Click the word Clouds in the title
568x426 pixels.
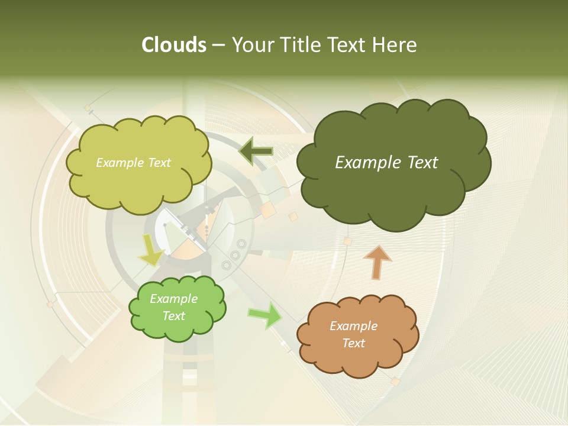tap(173, 45)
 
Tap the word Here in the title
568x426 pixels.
tap(395, 45)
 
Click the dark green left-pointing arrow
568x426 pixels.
tap(256, 151)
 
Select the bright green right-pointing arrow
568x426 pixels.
tap(266, 315)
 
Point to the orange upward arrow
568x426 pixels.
tap(377, 262)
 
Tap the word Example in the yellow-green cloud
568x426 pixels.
tap(119, 163)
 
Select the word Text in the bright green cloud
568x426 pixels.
tap(174, 316)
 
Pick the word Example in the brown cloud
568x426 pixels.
tap(353, 326)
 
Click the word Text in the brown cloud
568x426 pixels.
tap(353, 343)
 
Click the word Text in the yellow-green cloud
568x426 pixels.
tap(158, 163)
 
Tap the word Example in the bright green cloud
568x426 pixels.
tap(174, 299)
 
